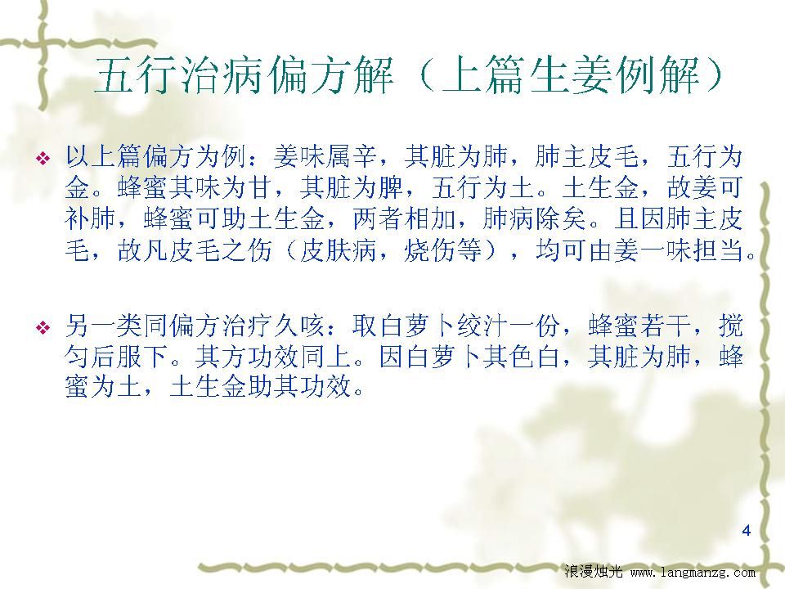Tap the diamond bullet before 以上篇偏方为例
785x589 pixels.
43,159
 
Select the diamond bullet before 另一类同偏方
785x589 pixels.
43,328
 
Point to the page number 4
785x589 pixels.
747,530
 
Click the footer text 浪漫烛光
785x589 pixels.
594,571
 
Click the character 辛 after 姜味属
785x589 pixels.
365,156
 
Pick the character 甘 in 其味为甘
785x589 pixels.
260,187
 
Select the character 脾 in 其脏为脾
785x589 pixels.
391,187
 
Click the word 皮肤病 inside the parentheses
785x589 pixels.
339,250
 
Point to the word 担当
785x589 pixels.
719,250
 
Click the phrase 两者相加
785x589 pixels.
404,218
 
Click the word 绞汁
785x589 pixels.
482,326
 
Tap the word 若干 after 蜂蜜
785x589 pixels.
666,326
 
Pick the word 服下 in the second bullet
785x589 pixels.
142,357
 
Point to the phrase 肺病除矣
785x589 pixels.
535,218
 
